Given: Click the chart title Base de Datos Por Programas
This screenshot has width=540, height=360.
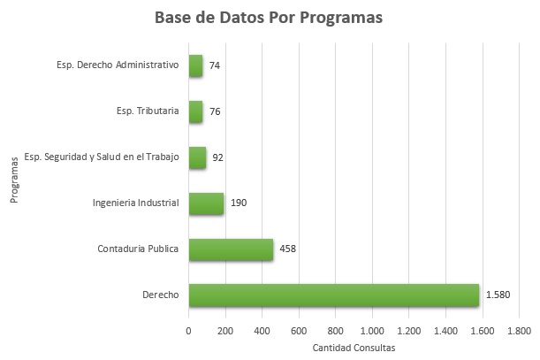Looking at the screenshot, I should tap(269, 19).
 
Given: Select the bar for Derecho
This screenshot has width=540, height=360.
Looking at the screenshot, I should tap(333, 295).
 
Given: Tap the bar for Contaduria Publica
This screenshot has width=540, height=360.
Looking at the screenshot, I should tap(231, 249).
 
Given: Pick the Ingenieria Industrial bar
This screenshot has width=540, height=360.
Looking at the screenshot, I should tap(206, 203).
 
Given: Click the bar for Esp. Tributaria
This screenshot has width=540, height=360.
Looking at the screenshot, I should tap(195, 111).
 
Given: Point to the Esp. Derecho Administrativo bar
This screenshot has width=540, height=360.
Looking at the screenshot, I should tap(195, 65).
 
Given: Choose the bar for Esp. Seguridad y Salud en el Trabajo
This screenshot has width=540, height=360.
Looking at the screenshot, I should tap(197, 157).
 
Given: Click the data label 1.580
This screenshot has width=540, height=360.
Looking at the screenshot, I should tap(498, 295).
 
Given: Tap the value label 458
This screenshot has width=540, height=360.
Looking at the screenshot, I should tap(287, 249).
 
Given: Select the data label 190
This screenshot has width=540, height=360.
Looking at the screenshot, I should tap(238, 203).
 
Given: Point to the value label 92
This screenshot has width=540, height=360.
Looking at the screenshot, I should tap(218, 157).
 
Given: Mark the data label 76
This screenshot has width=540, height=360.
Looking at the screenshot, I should tap(215, 111).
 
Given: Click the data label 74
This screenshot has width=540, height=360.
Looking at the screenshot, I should tap(215, 65).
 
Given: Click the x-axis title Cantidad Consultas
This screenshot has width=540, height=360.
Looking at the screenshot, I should tap(354, 347).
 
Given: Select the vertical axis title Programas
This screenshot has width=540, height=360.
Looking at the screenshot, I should tap(15, 180).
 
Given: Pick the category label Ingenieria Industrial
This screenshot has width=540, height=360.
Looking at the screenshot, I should tap(136, 203).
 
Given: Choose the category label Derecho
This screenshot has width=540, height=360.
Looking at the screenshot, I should tap(160, 295).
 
